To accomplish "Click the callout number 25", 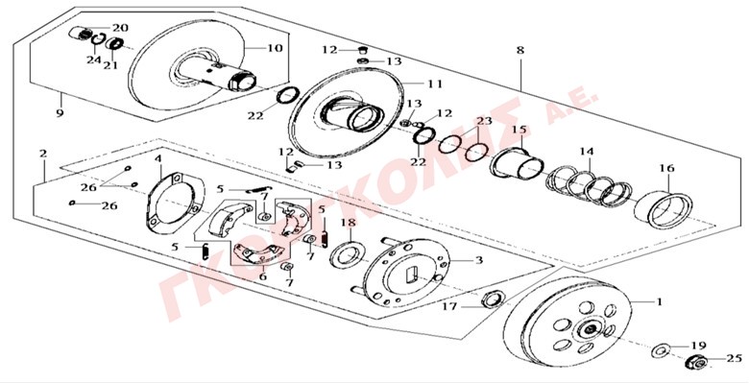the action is coord(734,358).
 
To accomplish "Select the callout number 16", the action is coord(666,168).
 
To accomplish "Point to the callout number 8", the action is coord(520,50).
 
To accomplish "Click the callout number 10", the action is coord(275,48).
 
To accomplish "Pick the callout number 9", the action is coord(60,114).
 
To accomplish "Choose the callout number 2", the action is coord(43,154).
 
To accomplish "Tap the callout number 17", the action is coord(449,306).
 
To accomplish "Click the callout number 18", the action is coord(350,222).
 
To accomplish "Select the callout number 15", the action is coord(519,130).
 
